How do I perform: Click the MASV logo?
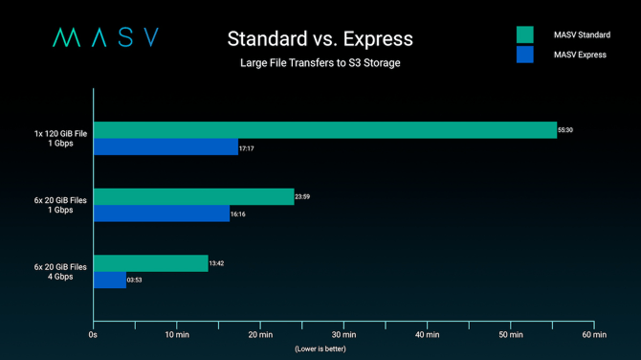click(x=105, y=38)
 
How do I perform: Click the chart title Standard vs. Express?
click(x=320, y=39)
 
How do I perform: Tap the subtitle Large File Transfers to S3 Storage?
click(x=320, y=64)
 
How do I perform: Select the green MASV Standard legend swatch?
click(x=524, y=35)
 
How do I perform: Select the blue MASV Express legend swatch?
click(x=524, y=55)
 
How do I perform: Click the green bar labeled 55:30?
click(x=324, y=130)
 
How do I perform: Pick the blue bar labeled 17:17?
click(x=166, y=147)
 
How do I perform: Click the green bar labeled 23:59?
click(x=193, y=196)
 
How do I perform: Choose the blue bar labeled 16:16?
click(x=161, y=214)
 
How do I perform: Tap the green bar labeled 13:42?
click(x=150, y=263)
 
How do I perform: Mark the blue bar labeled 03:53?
click(x=109, y=281)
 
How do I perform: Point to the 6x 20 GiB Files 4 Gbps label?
click(x=61, y=272)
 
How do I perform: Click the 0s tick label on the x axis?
click(x=93, y=335)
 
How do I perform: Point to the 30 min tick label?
click(x=343, y=335)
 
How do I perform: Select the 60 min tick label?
click(x=593, y=335)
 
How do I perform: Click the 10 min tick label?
click(x=176, y=335)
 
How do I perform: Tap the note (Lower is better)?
click(x=320, y=349)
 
